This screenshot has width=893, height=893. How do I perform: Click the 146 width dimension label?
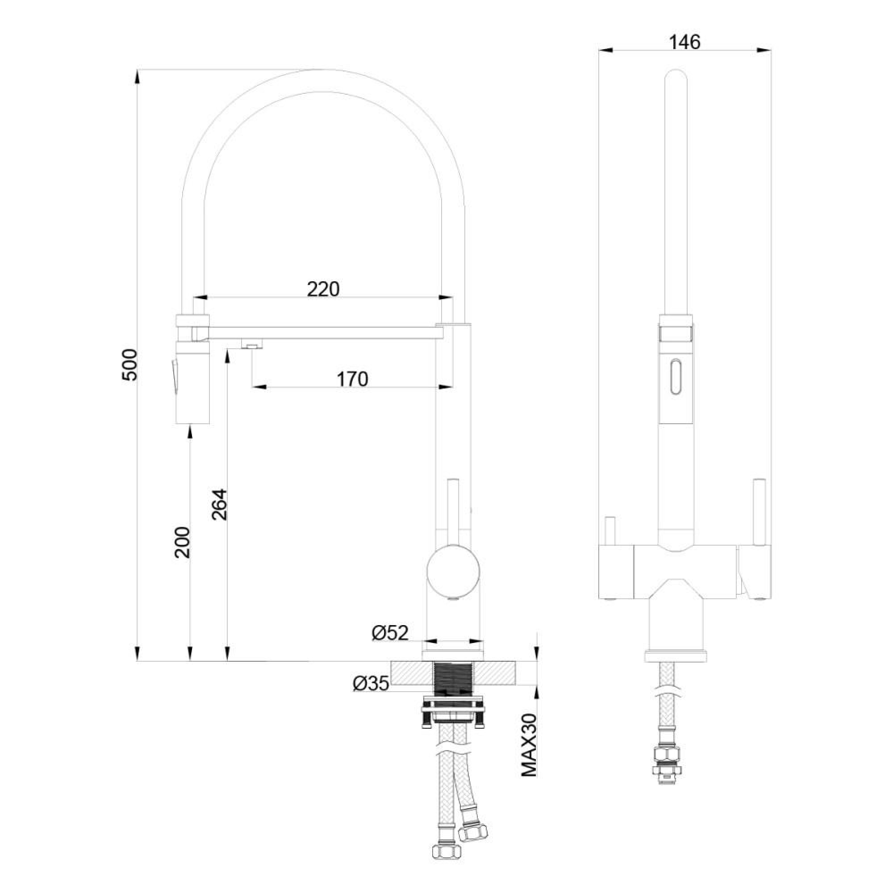(x=684, y=42)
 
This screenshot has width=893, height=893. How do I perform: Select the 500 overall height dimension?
(x=130, y=365)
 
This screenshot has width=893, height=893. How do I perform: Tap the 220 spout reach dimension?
(x=323, y=289)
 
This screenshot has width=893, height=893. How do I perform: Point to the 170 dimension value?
(x=352, y=379)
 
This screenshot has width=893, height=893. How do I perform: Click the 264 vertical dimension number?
(x=220, y=504)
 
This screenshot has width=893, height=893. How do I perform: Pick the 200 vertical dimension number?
(x=183, y=542)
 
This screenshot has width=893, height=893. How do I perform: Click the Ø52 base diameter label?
(x=390, y=633)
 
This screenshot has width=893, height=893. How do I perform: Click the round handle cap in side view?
(x=453, y=572)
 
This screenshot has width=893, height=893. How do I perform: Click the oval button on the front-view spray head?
(x=676, y=377)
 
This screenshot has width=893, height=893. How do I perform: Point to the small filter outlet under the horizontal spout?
(x=252, y=344)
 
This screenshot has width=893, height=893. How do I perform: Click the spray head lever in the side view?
(x=174, y=377)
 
